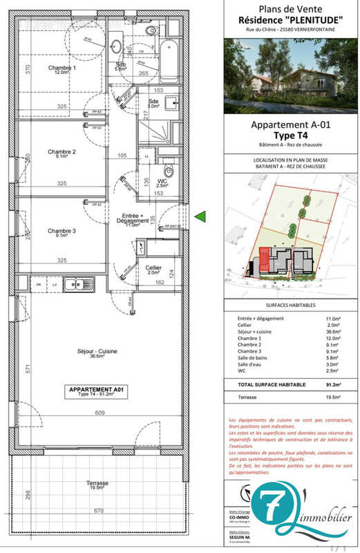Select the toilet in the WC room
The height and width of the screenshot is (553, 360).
click(168, 171)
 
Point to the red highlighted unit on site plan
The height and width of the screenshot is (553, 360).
click(264, 258)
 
